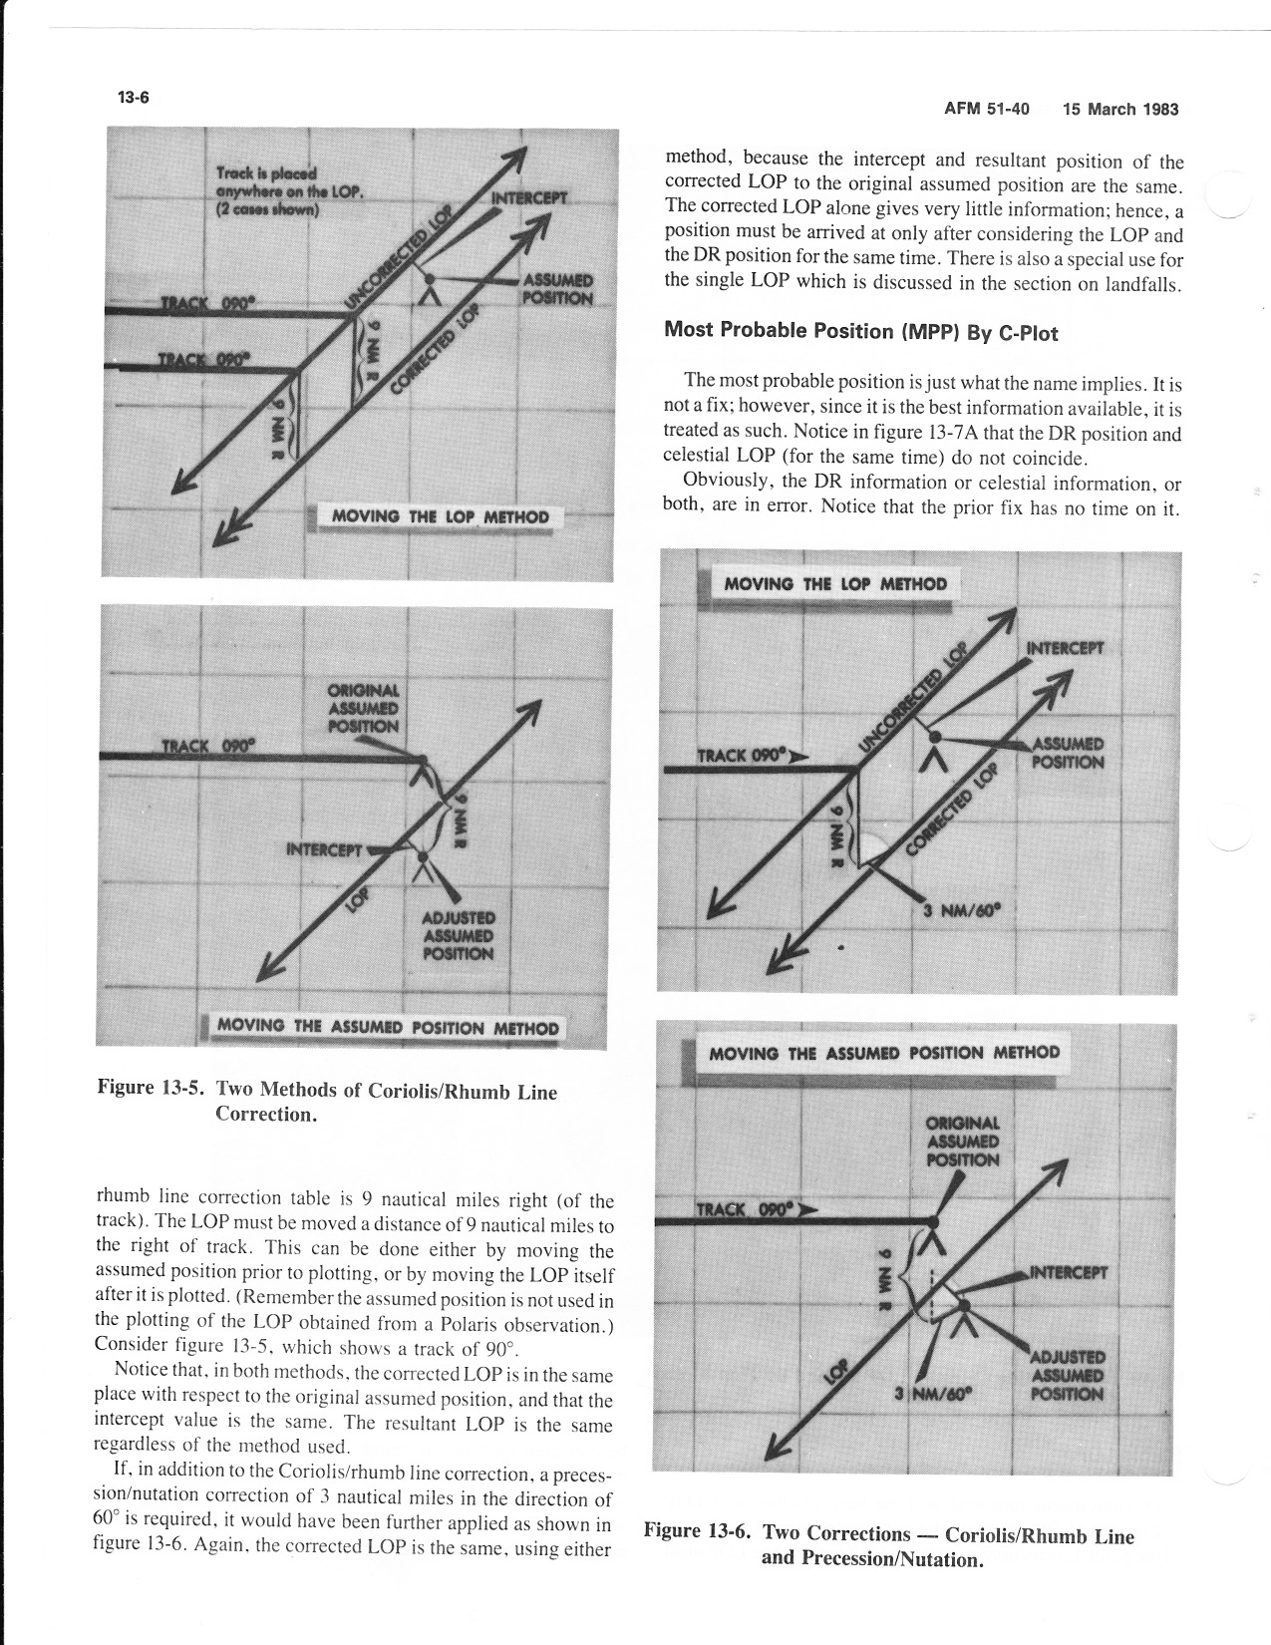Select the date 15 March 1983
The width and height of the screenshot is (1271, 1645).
click(x=1120, y=109)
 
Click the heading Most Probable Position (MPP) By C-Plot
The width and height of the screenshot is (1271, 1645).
click(x=860, y=331)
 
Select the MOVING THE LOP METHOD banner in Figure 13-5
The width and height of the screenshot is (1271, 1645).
click(x=439, y=516)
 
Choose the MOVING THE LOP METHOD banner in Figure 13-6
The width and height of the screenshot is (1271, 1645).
click(x=834, y=584)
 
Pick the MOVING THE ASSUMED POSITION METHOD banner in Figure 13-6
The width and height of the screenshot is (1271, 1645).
click(x=883, y=1053)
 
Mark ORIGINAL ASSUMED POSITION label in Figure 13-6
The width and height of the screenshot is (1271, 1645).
click(x=962, y=1142)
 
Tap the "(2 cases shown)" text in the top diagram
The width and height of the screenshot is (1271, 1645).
click(x=267, y=210)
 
